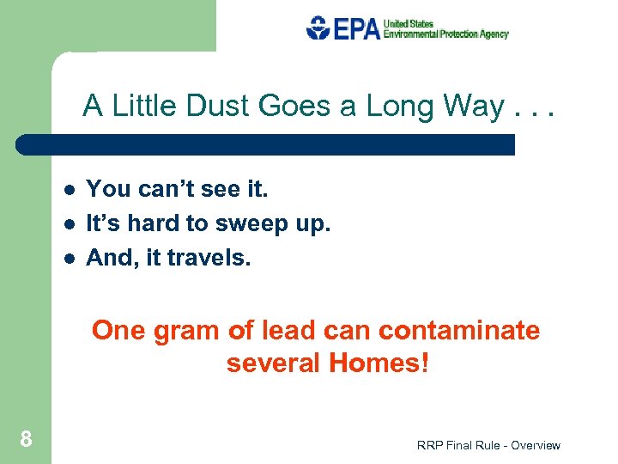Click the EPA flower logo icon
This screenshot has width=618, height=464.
[x=318, y=28]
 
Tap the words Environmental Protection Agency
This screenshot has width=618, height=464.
[x=445, y=34]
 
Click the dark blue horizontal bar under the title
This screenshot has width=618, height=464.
[x=266, y=144]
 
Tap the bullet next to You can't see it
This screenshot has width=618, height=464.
[x=67, y=189]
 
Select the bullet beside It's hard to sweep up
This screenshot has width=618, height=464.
[x=67, y=224]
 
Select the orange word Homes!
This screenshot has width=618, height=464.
[x=378, y=363]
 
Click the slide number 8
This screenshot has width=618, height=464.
[x=27, y=440]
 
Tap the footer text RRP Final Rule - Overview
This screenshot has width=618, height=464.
[x=488, y=445]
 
